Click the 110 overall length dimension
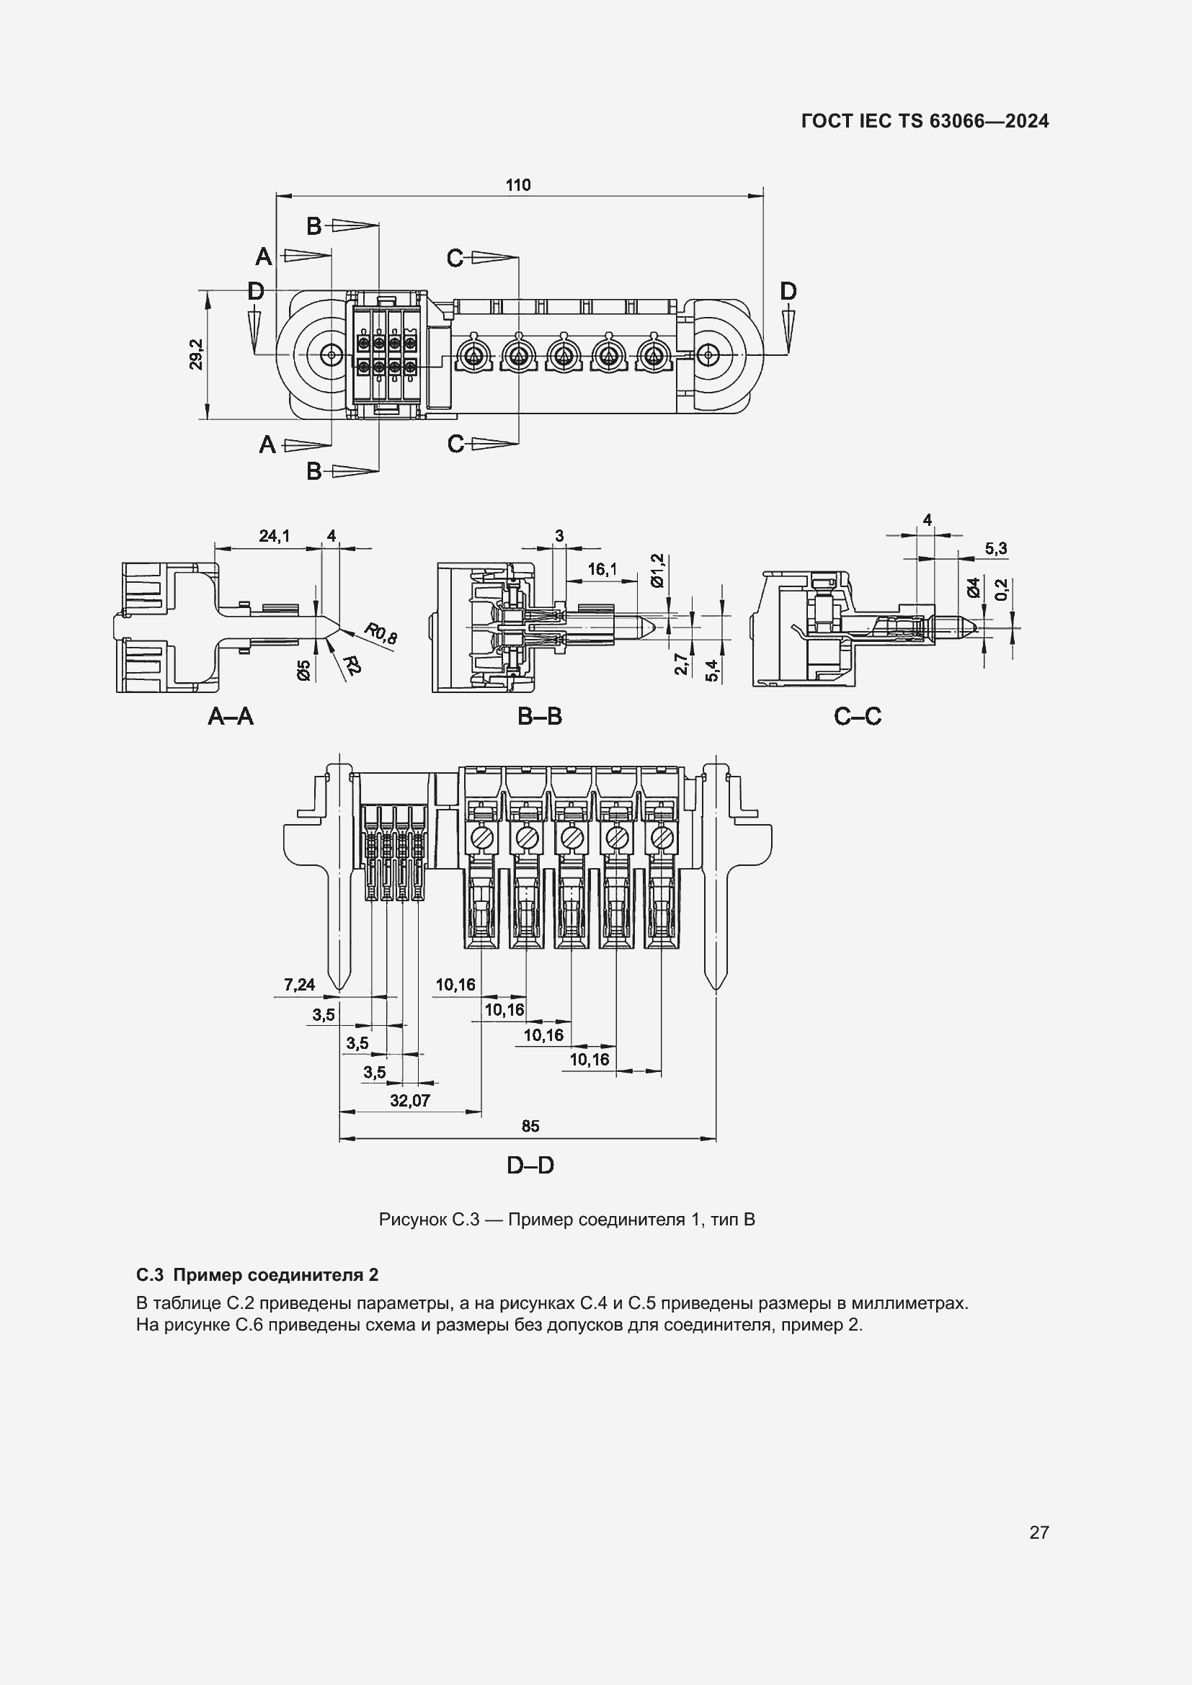tap(517, 185)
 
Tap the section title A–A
tap(231, 716)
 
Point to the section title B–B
tap(540, 716)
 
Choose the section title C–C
tap(858, 716)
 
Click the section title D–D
tap(530, 1165)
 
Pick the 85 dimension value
tap(530, 1126)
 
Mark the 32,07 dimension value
tap(409, 1101)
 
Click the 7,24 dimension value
tap(300, 985)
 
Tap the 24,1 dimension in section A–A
tap(274, 537)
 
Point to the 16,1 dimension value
tap(602, 569)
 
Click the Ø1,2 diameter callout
tap(657, 571)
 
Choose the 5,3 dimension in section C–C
tap(995, 548)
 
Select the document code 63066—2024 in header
tap(989, 121)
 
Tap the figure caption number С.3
tap(465, 1220)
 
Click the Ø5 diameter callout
tap(304, 669)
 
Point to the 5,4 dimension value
tap(711, 670)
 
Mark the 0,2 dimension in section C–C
tap(1002, 589)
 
